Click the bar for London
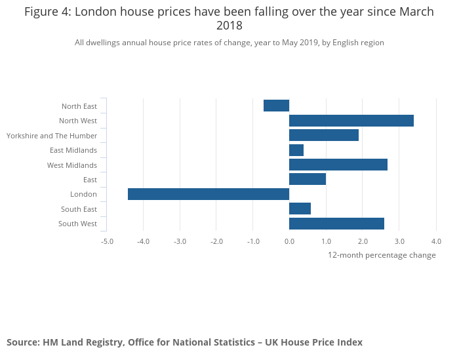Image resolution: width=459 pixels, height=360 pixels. [209, 194]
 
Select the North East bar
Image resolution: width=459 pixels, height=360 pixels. [276, 106]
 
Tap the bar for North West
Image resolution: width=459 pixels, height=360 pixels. [351, 121]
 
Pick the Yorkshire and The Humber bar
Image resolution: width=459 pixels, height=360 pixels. [323, 135]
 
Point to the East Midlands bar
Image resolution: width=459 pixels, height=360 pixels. [296, 150]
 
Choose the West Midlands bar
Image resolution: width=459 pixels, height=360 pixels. [338, 165]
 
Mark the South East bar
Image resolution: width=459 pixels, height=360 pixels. [300, 209]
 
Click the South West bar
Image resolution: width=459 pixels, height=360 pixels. [336, 224]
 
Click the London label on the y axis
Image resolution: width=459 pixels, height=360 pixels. [83, 194]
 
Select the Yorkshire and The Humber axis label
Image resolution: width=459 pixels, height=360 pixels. [52, 136]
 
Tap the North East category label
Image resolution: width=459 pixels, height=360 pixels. [79, 106]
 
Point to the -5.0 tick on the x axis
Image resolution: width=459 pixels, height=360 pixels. [107, 241]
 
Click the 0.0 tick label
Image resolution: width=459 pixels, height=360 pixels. [289, 241]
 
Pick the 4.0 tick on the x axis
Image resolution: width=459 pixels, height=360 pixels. [435, 241]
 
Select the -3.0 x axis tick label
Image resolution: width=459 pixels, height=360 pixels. [180, 241]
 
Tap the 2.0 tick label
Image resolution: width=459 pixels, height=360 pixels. [363, 241]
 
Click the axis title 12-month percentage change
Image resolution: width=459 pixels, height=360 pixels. [382, 255]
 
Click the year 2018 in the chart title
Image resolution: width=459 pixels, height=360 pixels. [229, 26]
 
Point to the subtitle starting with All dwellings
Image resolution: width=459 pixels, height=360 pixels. [229, 43]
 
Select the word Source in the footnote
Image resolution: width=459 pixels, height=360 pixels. [23, 342]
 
